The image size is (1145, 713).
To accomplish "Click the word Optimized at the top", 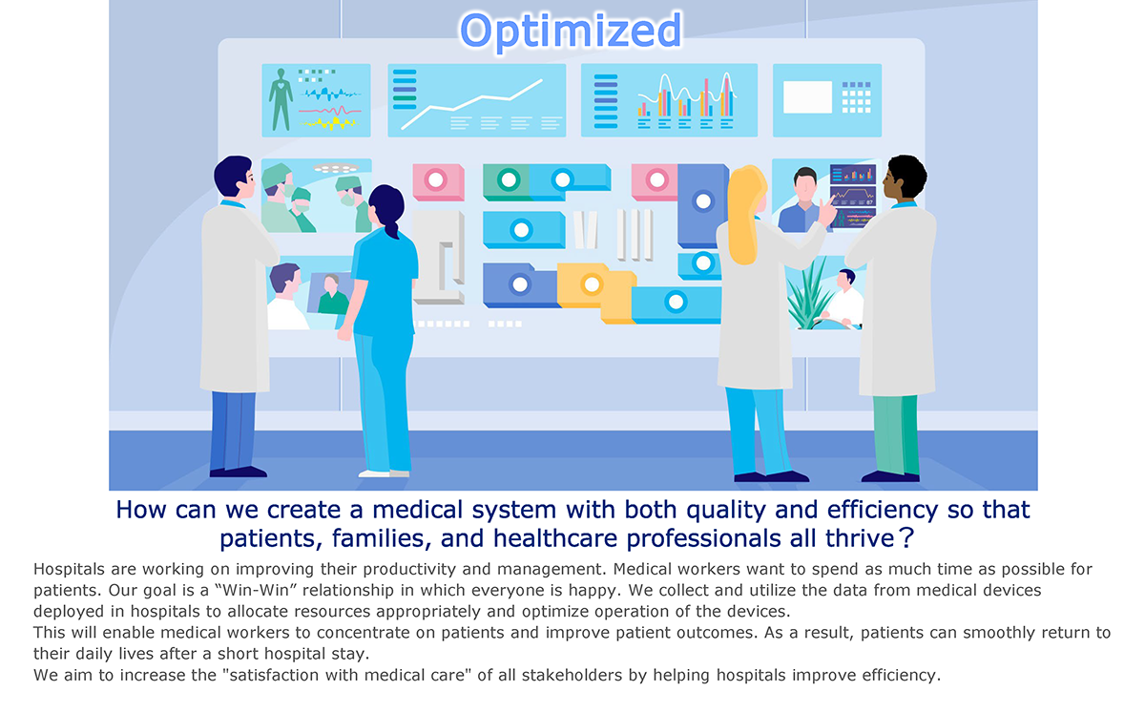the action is (x=571, y=31).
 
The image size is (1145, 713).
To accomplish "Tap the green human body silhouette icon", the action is (x=281, y=99).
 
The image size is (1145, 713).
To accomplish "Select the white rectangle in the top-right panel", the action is (x=807, y=96).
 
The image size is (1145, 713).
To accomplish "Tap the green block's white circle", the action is (x=509, y=180).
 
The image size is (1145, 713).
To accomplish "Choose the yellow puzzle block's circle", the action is (x=592, y=284).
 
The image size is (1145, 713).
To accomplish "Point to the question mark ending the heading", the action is (x=906, y=538).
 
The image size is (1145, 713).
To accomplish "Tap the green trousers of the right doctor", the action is (x=896, y=434).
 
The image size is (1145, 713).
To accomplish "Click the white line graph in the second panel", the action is (x=471, y=104).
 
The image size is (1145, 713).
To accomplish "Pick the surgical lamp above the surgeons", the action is (x=336, y=168).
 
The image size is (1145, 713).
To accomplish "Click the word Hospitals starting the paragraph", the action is (x=69, y=569).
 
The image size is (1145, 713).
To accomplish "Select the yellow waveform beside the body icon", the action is (x=328, y=123).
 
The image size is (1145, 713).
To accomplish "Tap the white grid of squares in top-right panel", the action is (x=856, y=97).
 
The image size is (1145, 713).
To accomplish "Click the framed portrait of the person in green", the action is (x=330, y=293).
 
